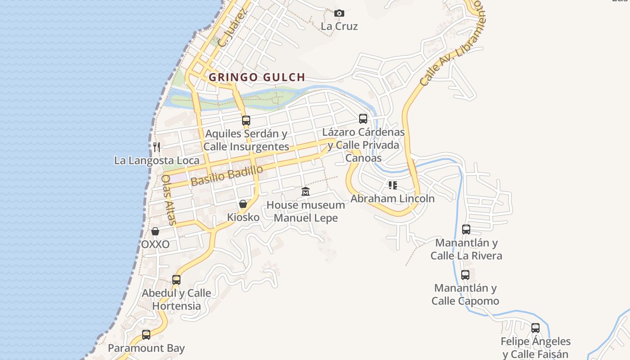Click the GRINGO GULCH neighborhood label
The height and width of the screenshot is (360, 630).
[257, 77]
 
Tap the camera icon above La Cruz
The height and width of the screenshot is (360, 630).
[339, 13]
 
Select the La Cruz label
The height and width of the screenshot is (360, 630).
[339, 26]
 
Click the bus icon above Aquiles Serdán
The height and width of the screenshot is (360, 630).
[246, 120]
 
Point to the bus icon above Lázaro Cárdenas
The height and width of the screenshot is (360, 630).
[363, 119]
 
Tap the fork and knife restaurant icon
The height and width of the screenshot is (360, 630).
[156, 147]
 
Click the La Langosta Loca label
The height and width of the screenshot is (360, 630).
[157, 161]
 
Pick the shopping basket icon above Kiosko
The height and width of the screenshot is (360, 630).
[243, 204]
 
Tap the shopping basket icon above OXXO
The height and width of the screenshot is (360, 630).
[155, 231]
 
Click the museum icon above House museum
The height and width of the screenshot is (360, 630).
[306, 192]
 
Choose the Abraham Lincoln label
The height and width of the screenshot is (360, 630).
[392, 198]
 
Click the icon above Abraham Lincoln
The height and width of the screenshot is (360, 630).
[393, 185]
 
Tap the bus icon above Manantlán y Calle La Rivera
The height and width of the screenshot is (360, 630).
[466, 229]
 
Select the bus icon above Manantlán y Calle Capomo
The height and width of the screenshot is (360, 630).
[465, 274]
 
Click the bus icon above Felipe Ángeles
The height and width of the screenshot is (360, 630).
[535, 328]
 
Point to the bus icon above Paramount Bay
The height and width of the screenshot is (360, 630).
[146, 335]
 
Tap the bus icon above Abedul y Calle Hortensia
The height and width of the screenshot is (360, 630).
[176, 280]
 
